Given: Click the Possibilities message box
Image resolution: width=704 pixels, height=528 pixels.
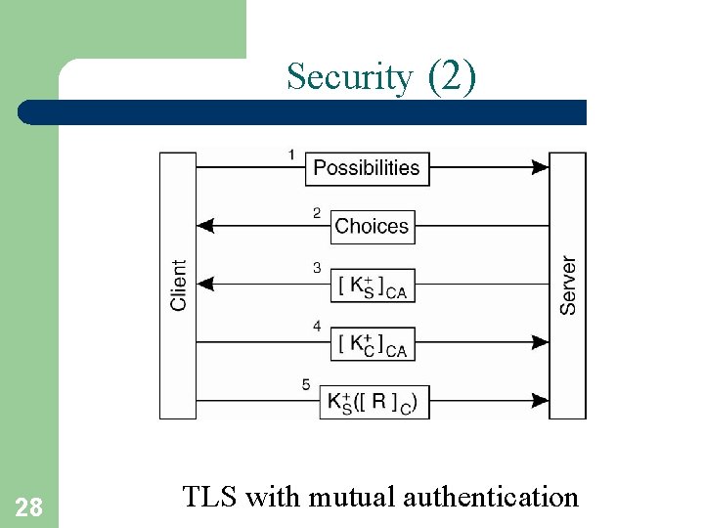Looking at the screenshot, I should (x=367, y=168).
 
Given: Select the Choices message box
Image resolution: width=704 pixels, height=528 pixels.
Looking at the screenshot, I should (x=372, y=227).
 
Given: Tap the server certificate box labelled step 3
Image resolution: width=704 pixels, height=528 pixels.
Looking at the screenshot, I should (x=372, y=286).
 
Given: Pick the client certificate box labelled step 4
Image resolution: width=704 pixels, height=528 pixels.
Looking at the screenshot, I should (x=372, y=343).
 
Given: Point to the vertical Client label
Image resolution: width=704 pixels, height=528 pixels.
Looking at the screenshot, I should (x=178, y=286).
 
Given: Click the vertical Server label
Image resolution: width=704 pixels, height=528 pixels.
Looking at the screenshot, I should (x=568, y=286).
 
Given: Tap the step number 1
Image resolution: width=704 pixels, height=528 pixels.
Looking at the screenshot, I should (x=292, y=154).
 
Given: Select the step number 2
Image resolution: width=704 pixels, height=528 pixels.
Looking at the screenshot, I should (x=316, y=212).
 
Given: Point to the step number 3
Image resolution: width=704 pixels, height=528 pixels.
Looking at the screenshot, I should (x=316, y=268).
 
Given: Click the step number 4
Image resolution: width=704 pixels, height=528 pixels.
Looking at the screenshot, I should (x=316, y=326).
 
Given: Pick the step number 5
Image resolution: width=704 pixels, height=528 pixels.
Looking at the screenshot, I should (x=306, y=385).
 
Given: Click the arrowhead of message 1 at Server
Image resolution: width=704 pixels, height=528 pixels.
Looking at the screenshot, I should (x=540, y=167).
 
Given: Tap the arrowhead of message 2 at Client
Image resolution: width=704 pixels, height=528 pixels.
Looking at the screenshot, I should (x=205, y=226).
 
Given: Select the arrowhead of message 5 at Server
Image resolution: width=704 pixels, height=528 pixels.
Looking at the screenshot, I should (x=540, y=401).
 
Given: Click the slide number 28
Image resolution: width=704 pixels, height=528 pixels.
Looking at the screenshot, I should (x=28, y=506).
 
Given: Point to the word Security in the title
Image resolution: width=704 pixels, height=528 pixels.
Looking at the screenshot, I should (x=350, y=76).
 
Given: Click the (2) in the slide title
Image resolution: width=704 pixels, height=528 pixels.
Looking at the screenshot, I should (x=453, y=76).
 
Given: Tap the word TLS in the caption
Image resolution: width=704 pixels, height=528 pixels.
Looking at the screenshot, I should (x=210, y=497).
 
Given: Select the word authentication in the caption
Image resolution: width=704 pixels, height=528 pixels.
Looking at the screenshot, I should (x=491, y=497).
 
